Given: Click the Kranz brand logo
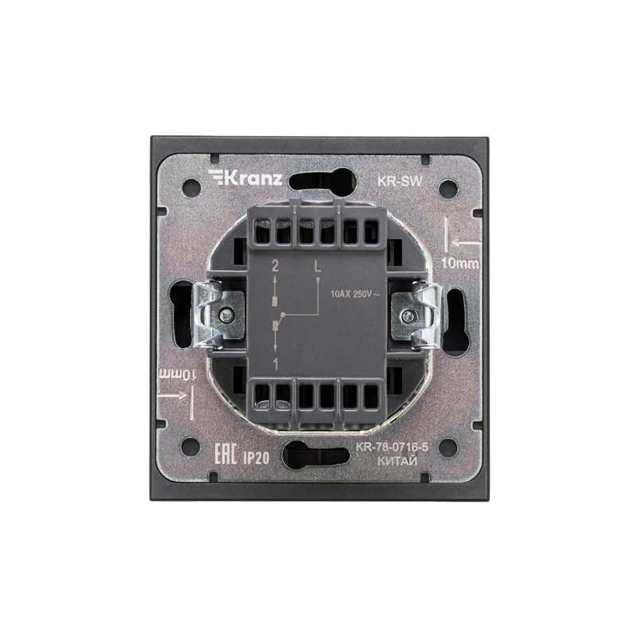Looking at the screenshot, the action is click(245, 178).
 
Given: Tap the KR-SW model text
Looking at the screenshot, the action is click(401, 182).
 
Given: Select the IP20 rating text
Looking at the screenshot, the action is click(256, 459).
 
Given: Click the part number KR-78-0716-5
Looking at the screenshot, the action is click(392, 447).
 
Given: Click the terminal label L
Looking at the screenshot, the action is click(318, 267).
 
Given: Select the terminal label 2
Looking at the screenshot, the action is click(275, 267).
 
